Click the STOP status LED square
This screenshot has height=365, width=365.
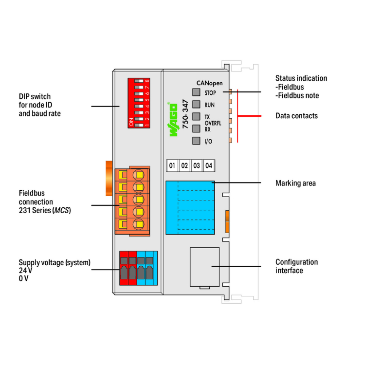[x=196, y=92]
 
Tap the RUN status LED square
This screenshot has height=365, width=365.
[x=196, y=104]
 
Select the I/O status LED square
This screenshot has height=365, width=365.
[x=196, y=141]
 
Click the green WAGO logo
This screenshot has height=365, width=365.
[x=173, y=120]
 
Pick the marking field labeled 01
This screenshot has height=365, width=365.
[x=172, y=165]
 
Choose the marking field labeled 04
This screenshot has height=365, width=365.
[x=209, y=165]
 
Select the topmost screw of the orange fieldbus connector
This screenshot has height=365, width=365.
[x=139, y=175]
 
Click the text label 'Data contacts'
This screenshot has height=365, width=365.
[x=296, y=116]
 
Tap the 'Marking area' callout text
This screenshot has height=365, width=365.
[x=295, y=183]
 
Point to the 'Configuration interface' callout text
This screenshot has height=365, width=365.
[x=296, y=266]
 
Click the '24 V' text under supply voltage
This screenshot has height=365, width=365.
[x=26, y=271]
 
